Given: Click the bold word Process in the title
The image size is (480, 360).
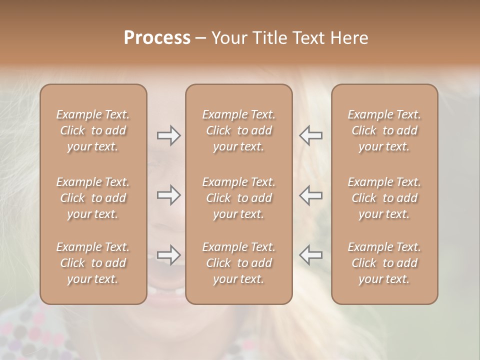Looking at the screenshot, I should pos(157,38).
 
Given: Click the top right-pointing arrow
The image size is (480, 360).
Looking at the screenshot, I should pos(168,135).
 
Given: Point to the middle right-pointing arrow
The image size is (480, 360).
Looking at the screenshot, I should pos(168,195).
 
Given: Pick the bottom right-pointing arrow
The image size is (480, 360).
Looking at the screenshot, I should pos(168,255).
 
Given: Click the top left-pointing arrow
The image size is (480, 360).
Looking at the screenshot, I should pos(310,135).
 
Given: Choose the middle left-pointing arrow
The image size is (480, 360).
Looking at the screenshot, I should pos(310,195).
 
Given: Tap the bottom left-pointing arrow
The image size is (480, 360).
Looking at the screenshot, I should pos(310,255).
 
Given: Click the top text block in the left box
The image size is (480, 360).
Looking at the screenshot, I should pos(93,130).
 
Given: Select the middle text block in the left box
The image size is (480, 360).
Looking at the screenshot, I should pos(93,198).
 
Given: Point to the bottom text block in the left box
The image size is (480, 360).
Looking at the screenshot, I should pos(93,263).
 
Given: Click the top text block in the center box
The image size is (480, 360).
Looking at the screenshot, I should pos(238,130).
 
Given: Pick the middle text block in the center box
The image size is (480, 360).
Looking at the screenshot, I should pos(238,198).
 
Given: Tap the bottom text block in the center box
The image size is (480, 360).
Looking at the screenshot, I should pos(238,263).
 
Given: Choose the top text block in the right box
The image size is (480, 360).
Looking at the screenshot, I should pos(384,130).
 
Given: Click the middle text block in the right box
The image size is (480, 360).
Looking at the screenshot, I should pos(384,198).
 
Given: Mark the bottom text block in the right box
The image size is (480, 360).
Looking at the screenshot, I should pos(384,263).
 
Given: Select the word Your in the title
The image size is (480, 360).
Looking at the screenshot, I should pos(227,38).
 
